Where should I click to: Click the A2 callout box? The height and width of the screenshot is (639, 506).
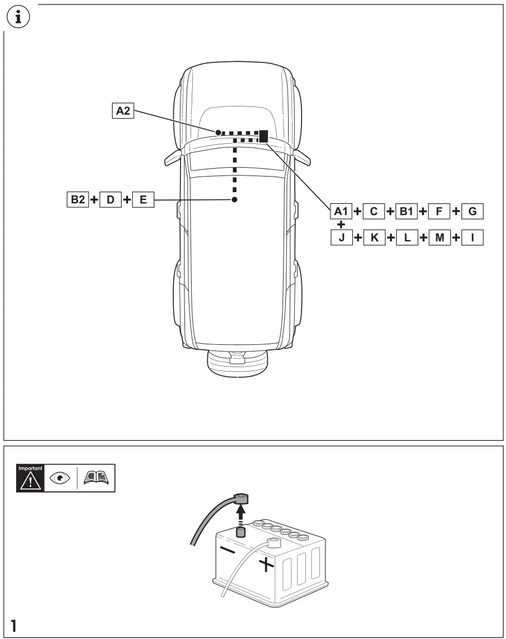tap(123, 111)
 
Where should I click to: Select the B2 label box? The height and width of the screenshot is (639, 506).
tap(77, 199)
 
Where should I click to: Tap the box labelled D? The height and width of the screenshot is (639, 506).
tap(110, 199)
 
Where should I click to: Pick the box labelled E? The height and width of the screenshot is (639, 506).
tap(143, 199)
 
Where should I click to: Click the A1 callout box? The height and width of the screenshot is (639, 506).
tap(340, 211)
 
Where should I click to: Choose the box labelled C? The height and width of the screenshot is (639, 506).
tap(373, 211)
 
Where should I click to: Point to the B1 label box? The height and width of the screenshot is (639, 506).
tap(406, 211)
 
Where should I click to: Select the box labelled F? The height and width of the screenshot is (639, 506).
tap(439, 211)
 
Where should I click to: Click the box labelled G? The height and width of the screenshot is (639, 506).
tap(472, 211)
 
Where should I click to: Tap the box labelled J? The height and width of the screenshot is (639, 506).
tap(340, 238)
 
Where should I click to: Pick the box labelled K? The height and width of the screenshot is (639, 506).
tap(373, 238)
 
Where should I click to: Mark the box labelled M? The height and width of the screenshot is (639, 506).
tap(439, 238)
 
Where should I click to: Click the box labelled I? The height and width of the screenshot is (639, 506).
tap(472, 238)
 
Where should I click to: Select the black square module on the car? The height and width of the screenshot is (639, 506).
tap(264, 135)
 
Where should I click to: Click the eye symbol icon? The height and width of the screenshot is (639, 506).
tap(59, 478)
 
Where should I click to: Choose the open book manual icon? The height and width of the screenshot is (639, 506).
tap(96, 478)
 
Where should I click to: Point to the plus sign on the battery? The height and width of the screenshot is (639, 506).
tap(267, 565)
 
